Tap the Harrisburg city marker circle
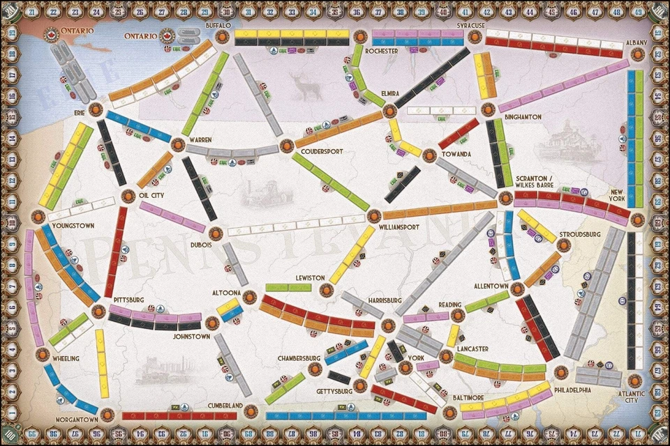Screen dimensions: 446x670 click(389, 325)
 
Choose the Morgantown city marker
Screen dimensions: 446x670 click(107, 415)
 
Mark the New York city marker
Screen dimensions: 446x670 click(637, 219)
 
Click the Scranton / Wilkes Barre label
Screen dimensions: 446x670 click(539, 183)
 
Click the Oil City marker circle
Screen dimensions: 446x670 click(128, 196)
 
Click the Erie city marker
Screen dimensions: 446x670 click(96, 109)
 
